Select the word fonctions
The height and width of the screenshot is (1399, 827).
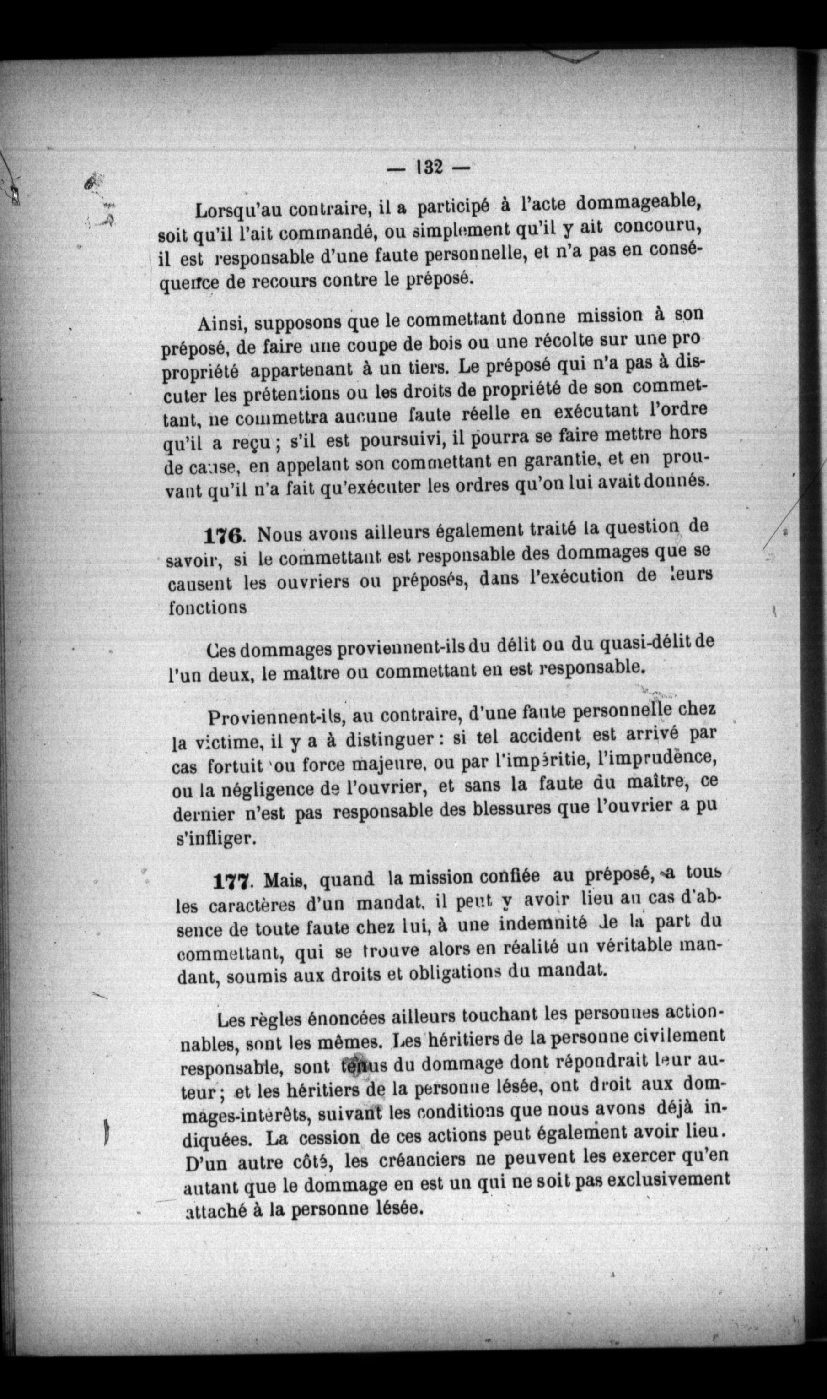pos(207,607)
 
